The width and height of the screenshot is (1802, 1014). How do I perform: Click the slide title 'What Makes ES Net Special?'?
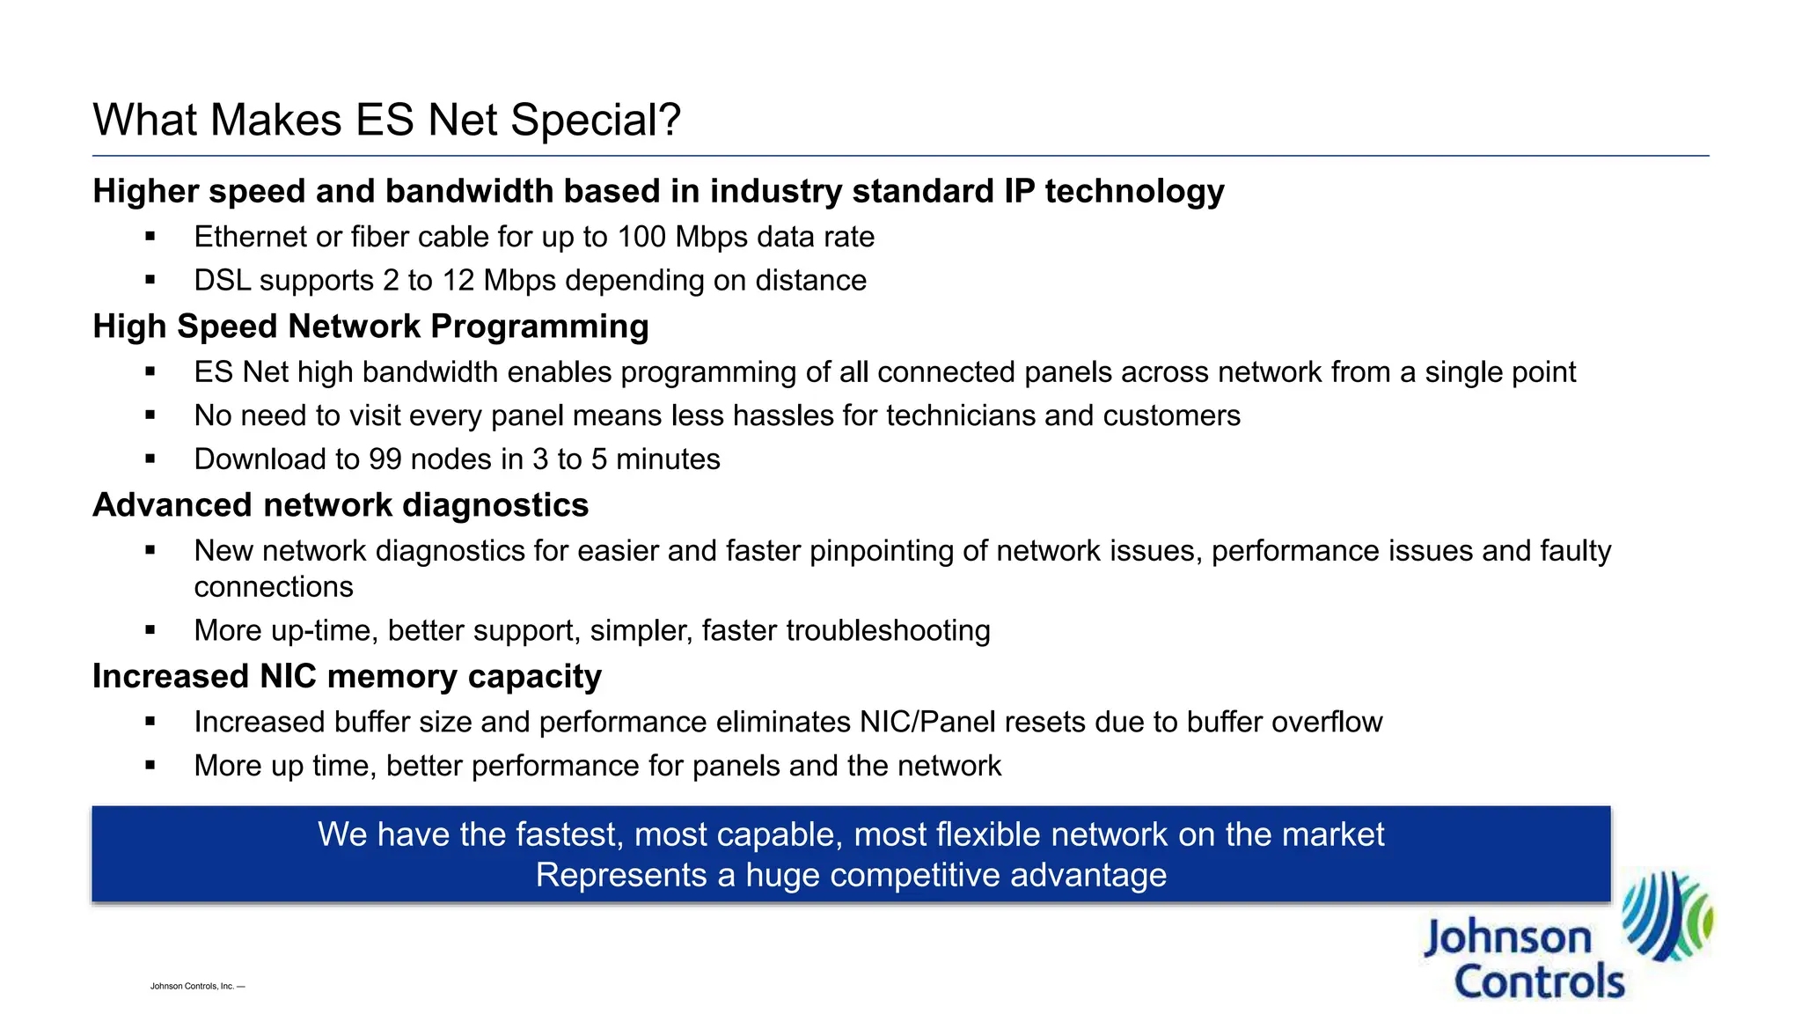point(386,120)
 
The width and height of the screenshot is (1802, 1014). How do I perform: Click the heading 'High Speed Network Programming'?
point(370,327)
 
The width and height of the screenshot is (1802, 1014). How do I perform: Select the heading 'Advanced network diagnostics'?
point(341,505)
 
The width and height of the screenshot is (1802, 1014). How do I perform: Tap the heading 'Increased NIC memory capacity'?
point(347,676)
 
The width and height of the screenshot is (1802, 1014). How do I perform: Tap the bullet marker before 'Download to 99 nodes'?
point(150,459)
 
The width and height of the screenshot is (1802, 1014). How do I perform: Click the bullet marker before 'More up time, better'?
point(150,766)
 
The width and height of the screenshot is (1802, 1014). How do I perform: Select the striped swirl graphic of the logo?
point(1666,915)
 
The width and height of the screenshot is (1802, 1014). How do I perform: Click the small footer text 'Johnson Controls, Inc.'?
point(193,987)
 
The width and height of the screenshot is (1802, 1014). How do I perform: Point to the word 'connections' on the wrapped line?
point(274,587)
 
